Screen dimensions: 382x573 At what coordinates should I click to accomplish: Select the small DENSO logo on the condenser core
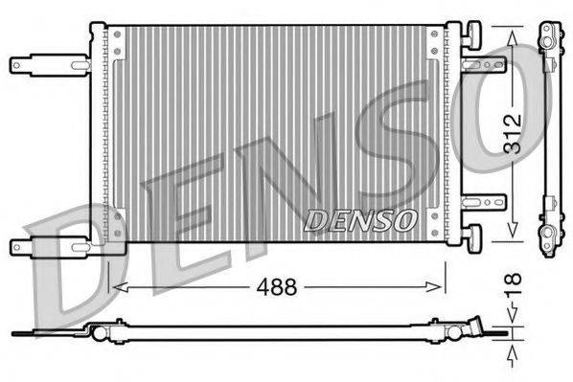pos(360,218)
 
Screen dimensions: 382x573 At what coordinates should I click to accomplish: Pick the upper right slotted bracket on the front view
pos(484,65)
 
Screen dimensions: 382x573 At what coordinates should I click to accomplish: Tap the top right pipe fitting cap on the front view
pos(474,34)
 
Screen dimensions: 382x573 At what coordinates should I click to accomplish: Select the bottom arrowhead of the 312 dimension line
pos(514,235)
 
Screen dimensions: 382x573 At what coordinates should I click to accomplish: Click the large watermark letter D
pos(72,268)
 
